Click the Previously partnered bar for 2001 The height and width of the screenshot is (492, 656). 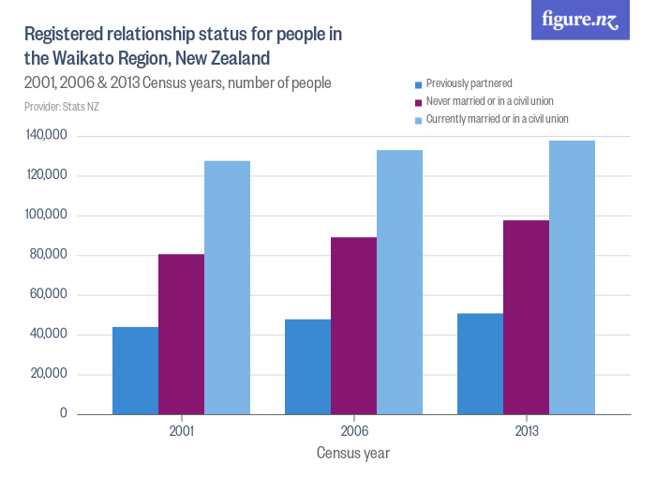(x=135, y=370)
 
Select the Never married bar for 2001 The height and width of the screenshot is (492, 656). (x=181, y=334)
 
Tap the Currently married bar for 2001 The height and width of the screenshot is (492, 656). (x=227, y=287)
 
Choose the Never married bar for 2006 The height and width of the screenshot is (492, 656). (x=353, y=325)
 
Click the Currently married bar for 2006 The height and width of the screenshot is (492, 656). (x=399, y=281)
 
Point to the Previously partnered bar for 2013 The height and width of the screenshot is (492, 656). (x=480, y=364)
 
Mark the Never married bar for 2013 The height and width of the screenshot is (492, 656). (x=526, y=317)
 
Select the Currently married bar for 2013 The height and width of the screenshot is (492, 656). (x=572, y=276)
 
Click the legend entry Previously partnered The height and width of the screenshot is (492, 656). (x=469, y=83)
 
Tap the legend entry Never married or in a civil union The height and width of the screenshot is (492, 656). (x=492, y=101)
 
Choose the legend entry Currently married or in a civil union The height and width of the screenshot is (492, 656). (x=497, y=119)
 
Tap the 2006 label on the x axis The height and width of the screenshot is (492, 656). (x=354, y=432)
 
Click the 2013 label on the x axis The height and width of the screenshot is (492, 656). (x=527, y=432)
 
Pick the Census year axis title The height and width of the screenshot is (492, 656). (x=353, y=454)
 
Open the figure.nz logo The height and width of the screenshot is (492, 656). (x=580, y=21)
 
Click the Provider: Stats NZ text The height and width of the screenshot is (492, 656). (x=62, y=106)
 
